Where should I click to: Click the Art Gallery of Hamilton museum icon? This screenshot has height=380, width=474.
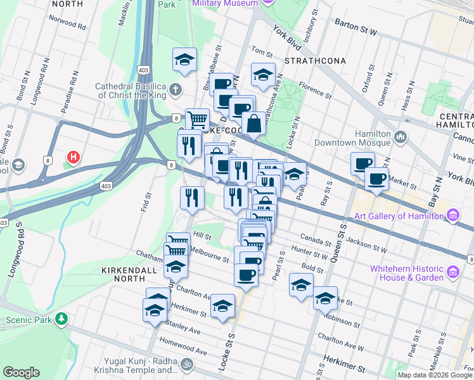(x=453, y=215)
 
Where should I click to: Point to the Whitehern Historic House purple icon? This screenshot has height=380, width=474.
(x=453, y=273)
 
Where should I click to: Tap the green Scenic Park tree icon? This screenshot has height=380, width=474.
(x=61, y=319)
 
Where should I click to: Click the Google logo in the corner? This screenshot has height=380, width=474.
(x=22, y=372)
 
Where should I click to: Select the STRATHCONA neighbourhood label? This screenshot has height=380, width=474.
(x=315, y=61)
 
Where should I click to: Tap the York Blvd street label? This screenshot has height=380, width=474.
(x=286, y=38)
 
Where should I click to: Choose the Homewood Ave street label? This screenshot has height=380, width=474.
(x=183, y=349)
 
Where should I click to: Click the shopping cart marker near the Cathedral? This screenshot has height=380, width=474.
(x=197, y=119)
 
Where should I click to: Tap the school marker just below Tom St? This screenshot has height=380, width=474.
(x=263, y=75)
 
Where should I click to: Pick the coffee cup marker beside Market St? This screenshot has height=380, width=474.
(x=376, y=180)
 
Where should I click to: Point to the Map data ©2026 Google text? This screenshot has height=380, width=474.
(x=434, y=375)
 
